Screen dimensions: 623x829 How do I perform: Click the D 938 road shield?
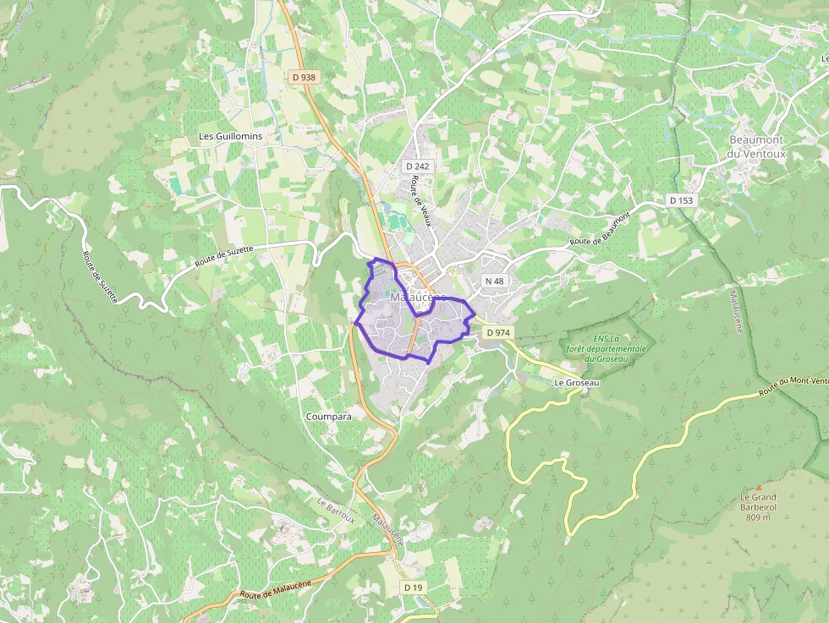tap(303, 77)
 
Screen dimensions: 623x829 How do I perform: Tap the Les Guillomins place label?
tap(230, 136)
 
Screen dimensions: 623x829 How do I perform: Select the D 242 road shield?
tap(417, 167)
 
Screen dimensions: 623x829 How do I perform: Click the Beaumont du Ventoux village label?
tap(756, 146)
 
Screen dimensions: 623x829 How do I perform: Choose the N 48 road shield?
tap(494, 281)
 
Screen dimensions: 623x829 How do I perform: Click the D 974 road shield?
tap(498, 333)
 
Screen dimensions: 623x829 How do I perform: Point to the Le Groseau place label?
tap(576, 383)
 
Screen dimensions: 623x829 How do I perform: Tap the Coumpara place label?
tap(329, 417)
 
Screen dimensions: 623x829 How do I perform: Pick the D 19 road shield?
tap(412, 587)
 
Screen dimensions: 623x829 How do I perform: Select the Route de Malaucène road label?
tap(275, 589)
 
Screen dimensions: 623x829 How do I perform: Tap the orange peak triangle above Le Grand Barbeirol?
tap(759, 487)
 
